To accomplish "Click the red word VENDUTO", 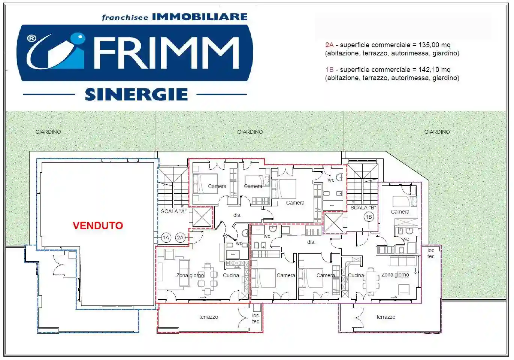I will (98, 226).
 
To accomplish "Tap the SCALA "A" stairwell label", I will (173, 211).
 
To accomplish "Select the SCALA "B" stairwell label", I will (363, 208).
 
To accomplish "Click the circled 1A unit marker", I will (166, 238).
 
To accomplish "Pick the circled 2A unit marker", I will (180, 238).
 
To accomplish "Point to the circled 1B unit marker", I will (369, 217).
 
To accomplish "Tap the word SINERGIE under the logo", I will (136, 94).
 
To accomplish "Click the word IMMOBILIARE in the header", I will (200, 17).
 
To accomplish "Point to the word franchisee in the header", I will (125, 18).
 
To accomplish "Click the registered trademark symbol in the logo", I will (32, 38).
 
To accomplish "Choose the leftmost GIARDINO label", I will (48, 132).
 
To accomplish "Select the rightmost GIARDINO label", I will (437, 132).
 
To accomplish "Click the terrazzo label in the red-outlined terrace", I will (208, 317).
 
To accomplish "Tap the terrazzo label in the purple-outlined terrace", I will (386, 317).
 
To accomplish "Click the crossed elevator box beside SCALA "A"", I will (202, 217).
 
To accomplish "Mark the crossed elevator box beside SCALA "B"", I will (333, 223).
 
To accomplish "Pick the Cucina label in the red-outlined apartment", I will (231, 275).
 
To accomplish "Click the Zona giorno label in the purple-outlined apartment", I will (395, 275).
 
